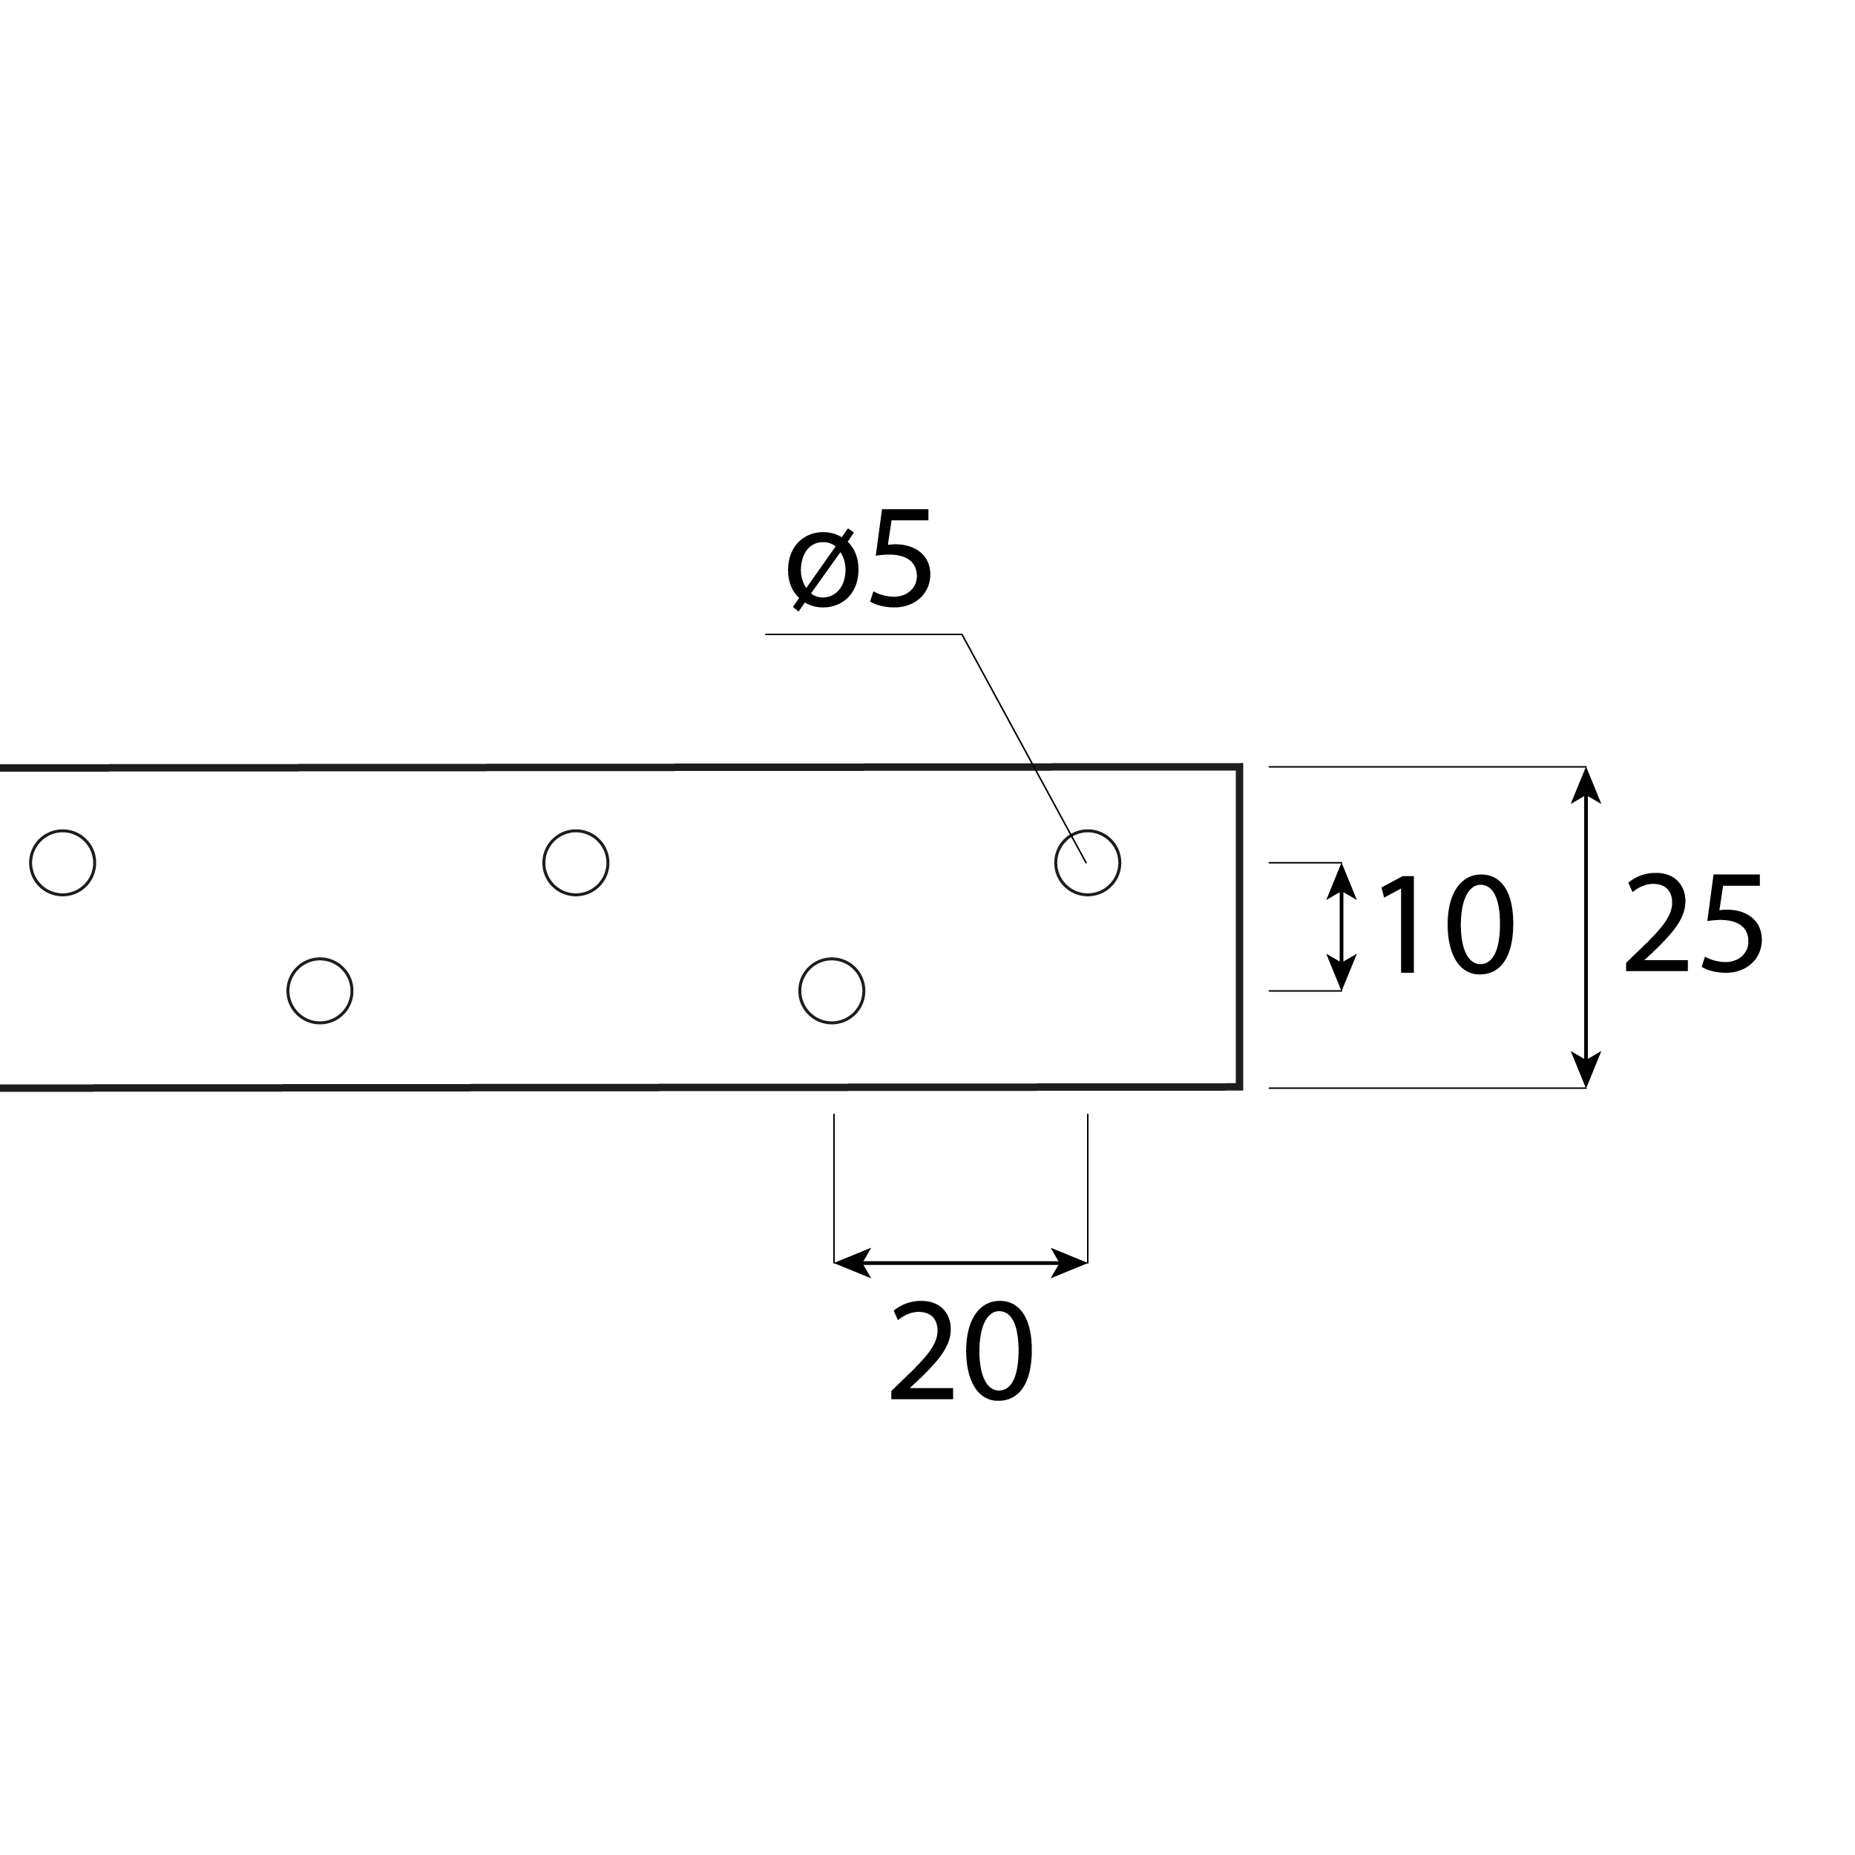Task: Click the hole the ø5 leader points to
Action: click(x=1088, y=863)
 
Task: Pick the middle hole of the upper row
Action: click(x=576, y=863)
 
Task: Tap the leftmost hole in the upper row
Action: click(x=62, y=863)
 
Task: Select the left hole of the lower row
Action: click(x=320, y=991)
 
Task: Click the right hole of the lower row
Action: click(x=832, y=991)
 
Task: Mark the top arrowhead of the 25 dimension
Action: click(x=1585, y=785)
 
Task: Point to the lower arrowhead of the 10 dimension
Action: click(x=1342, y=973)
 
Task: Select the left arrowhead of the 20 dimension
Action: click(x=853, y=1263)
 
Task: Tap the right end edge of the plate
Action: click(x=1240, y=927)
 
